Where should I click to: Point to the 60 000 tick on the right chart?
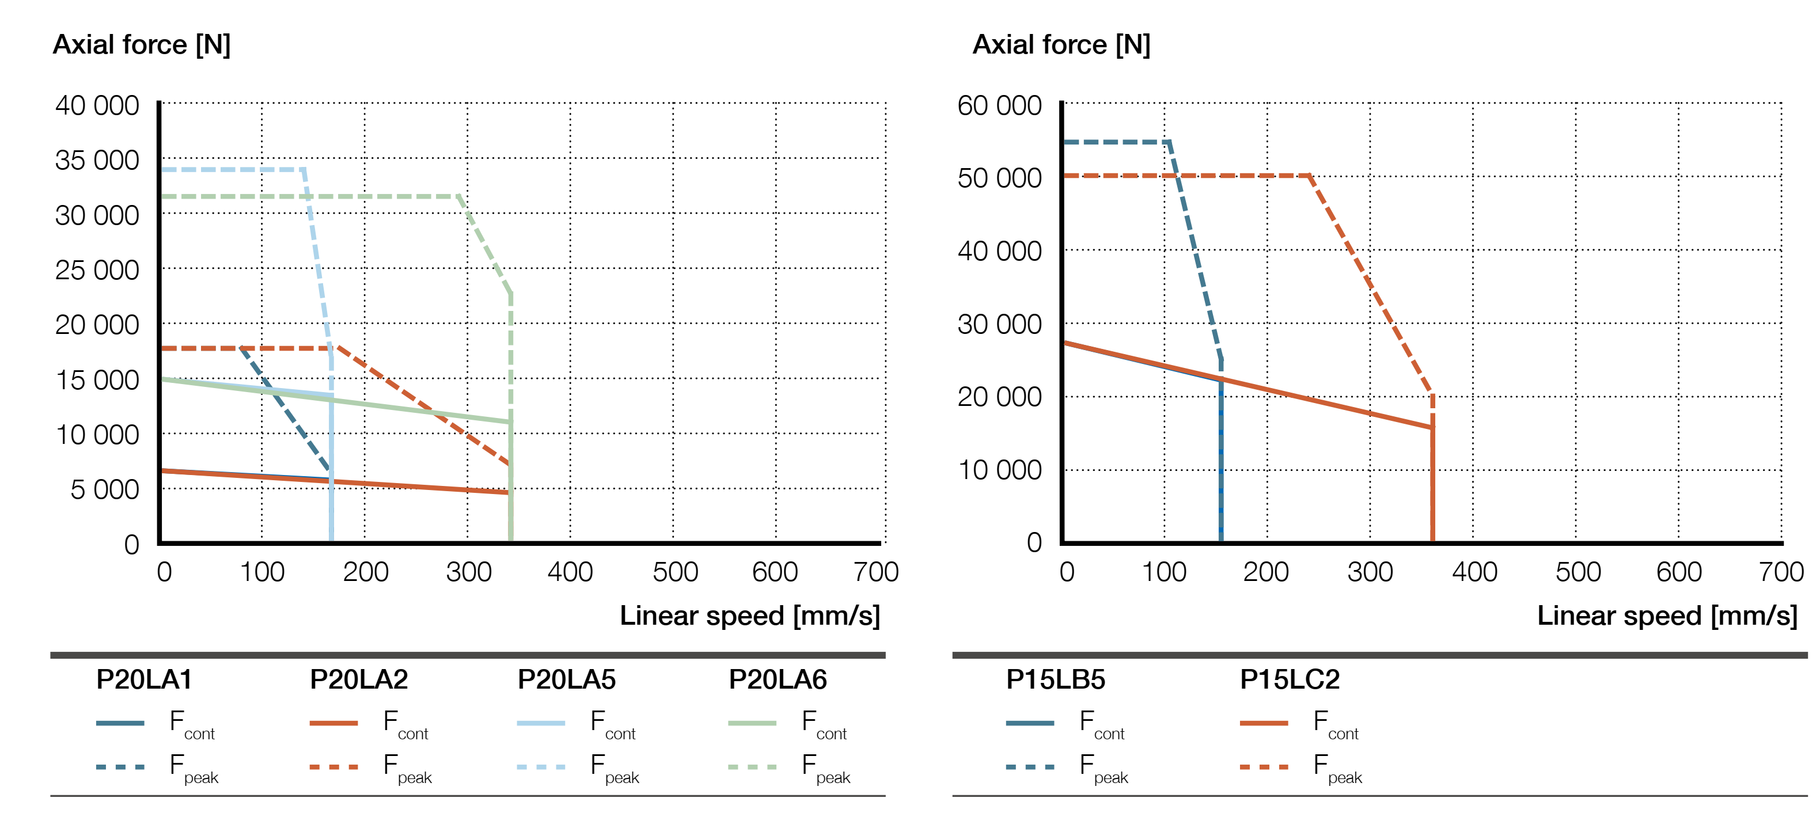click(x=999, y=106)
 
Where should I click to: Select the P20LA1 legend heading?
click(x=144, y=679)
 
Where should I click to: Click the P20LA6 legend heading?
click(x=777, y=679)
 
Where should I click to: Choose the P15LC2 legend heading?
click(x=1290, y=679)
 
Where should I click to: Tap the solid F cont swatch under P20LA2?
click(x=333, y=723)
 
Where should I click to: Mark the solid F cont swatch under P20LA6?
click(x=752, y=723)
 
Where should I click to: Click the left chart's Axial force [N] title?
click(x=141, y=44)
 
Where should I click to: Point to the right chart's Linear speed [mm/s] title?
click(x=1667, y=616)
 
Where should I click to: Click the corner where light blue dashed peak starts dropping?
click(x=304, y=169)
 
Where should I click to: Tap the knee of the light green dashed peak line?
click(x=459, y=196)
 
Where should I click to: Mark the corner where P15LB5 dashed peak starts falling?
click(x=1169, y=142)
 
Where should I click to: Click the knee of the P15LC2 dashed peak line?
click(x=1309, y=175)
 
